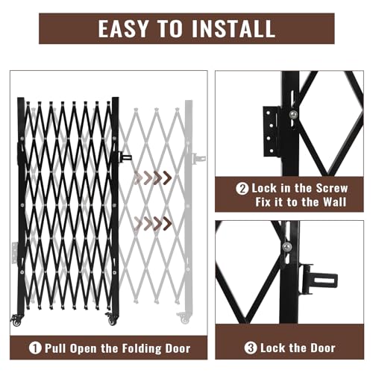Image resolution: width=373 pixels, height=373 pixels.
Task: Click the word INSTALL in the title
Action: (x=233, y=28)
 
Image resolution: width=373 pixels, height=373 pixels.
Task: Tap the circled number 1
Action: (x=35, y=348)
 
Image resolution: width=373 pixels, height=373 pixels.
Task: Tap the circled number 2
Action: (x=242, y=189)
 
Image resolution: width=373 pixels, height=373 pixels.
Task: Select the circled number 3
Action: (x=251, y=348)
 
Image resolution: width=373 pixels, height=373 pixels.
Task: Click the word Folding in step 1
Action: (x=131, y=348)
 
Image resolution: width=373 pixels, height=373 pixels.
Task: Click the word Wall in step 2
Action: (x=334, y=202)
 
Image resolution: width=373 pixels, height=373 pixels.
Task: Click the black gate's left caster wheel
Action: (x=16, y=320)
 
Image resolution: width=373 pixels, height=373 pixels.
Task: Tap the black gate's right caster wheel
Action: (x=111, y=319)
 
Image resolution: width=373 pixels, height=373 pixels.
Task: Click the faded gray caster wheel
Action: (x=184, y=318)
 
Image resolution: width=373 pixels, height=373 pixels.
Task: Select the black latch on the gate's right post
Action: (x=125, y=157)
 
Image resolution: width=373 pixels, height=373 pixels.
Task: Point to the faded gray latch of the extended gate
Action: (x=199, y=158)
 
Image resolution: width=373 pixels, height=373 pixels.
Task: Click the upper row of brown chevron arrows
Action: (x=153, y=178)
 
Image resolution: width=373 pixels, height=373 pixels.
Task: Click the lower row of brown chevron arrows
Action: (x=153, y=224)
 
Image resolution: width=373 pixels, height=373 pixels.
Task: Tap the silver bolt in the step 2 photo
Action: (x=293, y=114)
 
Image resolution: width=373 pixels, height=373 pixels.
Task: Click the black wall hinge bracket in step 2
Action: (x=272, y=131)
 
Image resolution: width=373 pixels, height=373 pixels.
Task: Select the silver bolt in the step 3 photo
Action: (x=287, y=247)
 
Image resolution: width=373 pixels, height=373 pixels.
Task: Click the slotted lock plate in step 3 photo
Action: (x=319, y=279)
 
